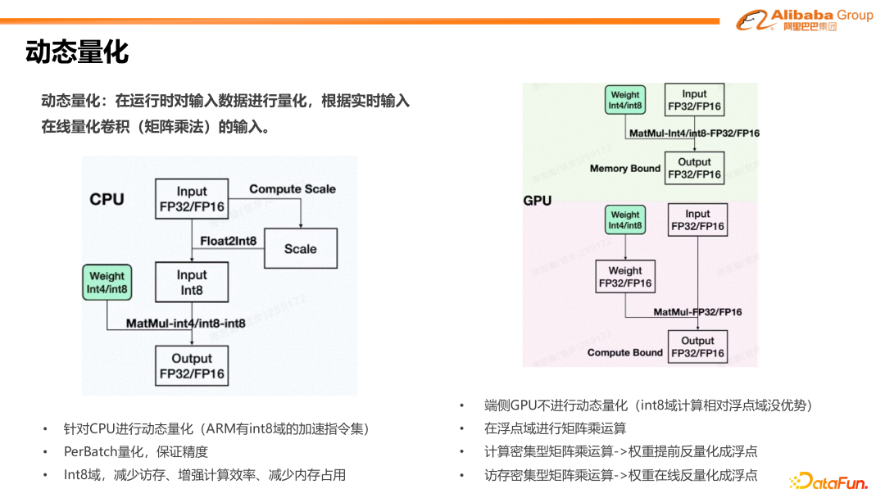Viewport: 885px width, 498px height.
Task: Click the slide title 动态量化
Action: coord(77,52)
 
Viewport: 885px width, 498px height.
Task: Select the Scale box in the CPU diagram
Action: coord(300,248)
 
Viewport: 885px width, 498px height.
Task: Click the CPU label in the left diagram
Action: coord(107,199)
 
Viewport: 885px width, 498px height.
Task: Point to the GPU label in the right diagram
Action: coord(538,200)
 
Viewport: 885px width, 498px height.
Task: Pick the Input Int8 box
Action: coord(192,283)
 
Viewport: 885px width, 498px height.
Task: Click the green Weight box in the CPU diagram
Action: coord(107,283)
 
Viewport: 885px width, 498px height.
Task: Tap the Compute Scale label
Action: coord(293,189)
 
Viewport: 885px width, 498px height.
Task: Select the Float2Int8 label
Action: coord(229,241)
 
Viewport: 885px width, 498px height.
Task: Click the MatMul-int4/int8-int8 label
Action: coord(185,324)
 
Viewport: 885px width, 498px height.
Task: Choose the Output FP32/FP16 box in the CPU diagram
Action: coord(192,366)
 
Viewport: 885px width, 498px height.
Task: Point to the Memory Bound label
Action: coord(624,169)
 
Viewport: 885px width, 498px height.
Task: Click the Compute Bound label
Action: coord(624,353)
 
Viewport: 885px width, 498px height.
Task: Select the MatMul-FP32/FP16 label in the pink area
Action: coord(697,312)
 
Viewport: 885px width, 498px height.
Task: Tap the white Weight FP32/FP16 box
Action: coord(625,277)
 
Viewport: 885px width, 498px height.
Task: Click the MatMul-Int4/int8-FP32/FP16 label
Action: coord(693,133)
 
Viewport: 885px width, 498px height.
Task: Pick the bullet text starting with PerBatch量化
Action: coord(136,451)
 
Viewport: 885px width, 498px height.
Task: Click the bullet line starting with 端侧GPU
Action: coord(647,405)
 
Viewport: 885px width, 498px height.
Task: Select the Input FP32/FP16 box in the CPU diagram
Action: coord(192,199)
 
